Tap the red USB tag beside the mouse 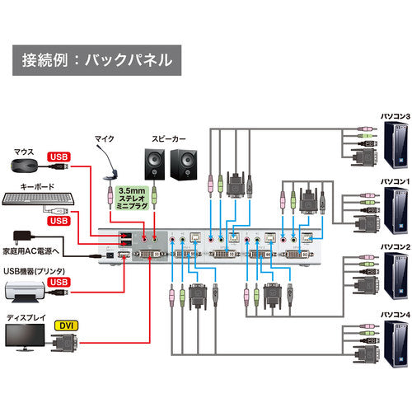tap(59, 157)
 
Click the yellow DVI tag tap(65, 326)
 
